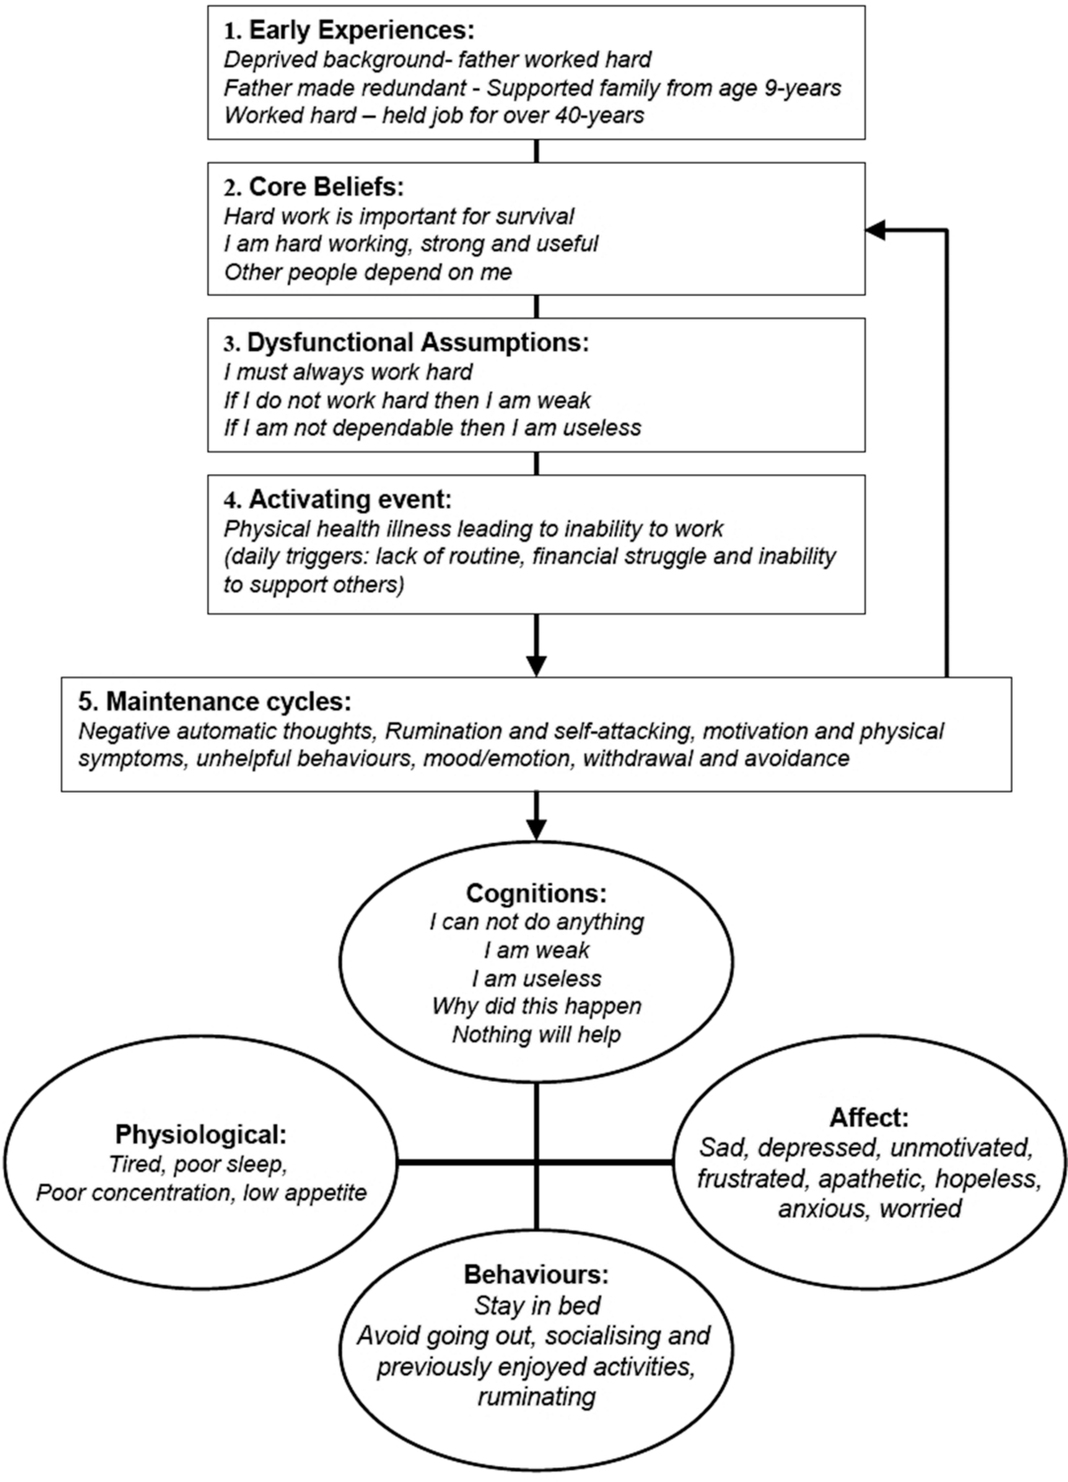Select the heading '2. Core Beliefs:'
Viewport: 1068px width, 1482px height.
click(x=314, y=186)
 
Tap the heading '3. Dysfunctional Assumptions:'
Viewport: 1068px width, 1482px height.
click(x=406, y=342)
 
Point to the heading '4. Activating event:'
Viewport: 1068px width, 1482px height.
click(x=337, y=499)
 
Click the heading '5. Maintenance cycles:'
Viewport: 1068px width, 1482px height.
click(x=214, y=702)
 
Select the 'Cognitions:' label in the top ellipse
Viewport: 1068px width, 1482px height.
click(x=535, y=893)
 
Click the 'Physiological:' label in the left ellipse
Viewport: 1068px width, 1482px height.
click(x=201, y=1133)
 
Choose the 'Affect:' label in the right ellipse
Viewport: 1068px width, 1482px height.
click(x=869, y=1117)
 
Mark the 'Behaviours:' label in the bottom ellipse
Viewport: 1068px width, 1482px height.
click(x=535, y=1275)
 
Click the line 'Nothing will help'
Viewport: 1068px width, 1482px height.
click(x=535, y=1034)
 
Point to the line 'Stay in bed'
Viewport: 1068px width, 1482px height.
click(x=536, y=1306)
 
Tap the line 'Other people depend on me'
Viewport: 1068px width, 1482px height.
click(x=368, y=272)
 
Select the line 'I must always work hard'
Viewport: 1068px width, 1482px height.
click(x=348, y=372)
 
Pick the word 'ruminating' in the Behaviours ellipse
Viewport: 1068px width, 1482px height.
click(x=535, y=1396)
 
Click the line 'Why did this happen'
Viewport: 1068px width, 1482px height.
click(x=535, y=1006)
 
